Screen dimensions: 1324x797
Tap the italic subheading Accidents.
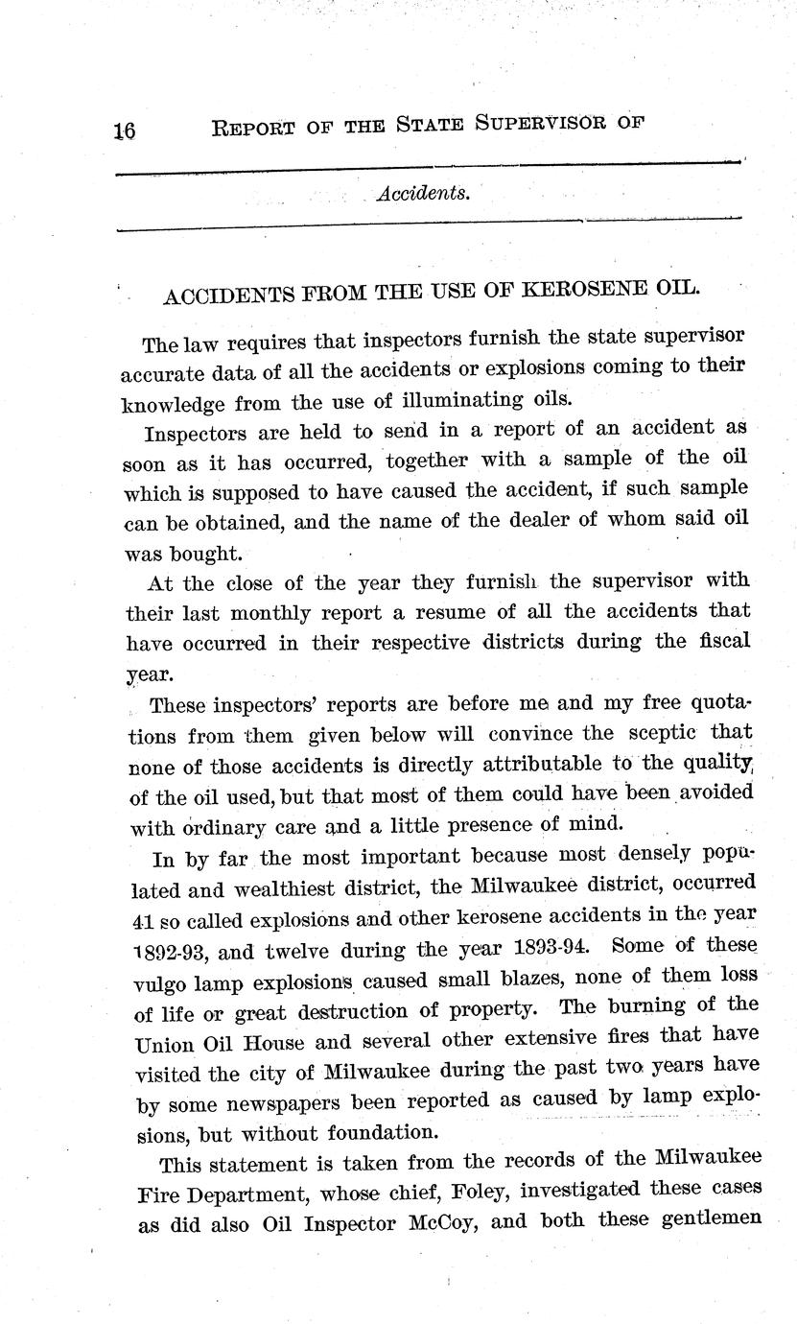click(423, 193)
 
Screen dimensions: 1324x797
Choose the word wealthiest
click(298, 887)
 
